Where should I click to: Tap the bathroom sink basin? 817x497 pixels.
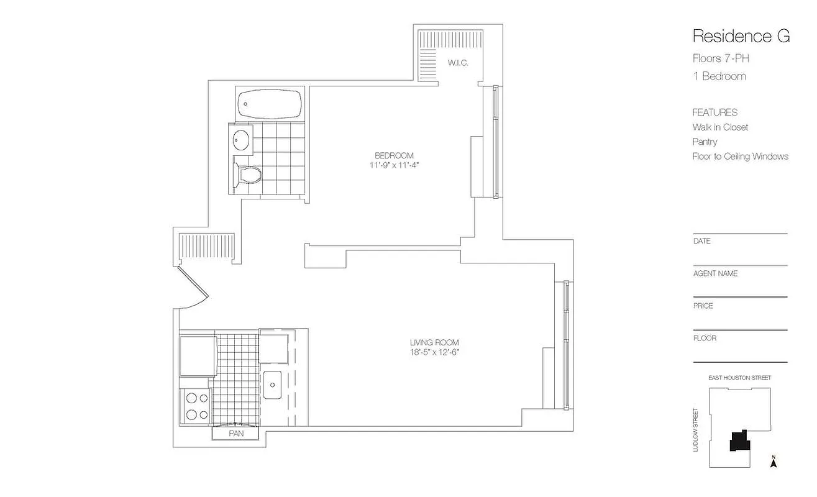click(241, 139)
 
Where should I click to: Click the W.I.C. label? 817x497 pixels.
click(458, 63)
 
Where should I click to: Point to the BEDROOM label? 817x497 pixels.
click(394, 155)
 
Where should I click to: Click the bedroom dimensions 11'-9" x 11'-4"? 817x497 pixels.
click(394, 165)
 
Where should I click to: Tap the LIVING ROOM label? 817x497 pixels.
click(434, 342)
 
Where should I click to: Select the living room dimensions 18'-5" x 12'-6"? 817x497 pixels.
click(434, 352)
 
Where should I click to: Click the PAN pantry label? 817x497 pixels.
click(236, 434)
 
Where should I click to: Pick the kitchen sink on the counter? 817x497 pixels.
click(273, 385)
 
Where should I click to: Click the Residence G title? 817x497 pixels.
click(741, 36)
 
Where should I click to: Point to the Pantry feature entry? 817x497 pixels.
click(705, 142)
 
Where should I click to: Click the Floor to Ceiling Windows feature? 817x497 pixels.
click(740, 157)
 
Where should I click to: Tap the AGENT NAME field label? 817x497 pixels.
click(715, 273)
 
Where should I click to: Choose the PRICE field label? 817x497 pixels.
click(703, 306)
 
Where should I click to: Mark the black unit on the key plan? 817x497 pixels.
click(739, 441)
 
